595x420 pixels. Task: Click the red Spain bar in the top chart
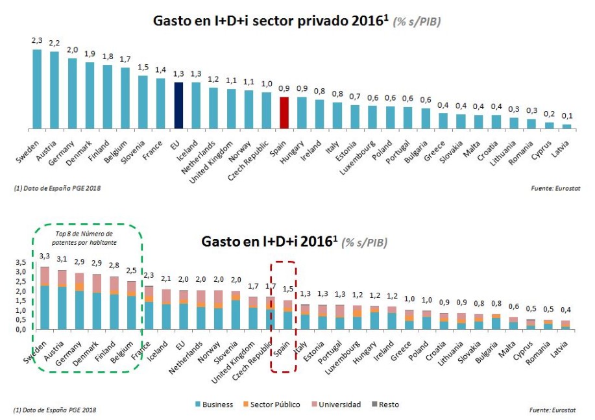click(284, 112)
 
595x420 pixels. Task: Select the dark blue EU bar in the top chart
click(178, 105)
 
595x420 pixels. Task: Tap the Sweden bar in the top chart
click(37, 89)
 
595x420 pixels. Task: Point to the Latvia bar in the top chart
click(566, 126)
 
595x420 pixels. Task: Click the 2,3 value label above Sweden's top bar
click(37, 40)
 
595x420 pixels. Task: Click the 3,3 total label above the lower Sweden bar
click(45, 256)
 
